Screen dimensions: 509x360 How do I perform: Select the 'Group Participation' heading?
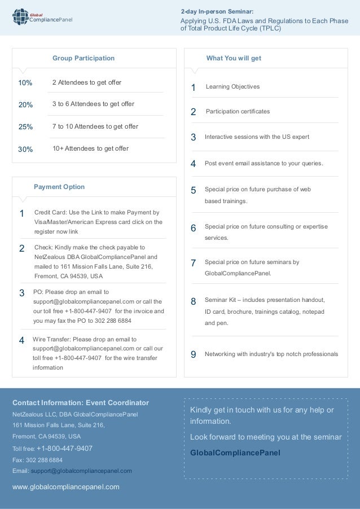pyautogui.click(x=83, y=58)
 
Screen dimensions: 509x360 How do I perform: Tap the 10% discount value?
pyautogui.click(x=25, y=83)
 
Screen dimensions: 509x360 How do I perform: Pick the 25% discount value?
pyautogui.click(x=26, y=126)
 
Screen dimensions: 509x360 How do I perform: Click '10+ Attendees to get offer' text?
pyautogui.click(x=90, y=148)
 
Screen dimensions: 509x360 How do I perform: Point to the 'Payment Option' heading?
pyautogui.click(x=59, y=187)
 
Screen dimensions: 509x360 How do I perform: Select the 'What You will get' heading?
pyautogui.click(x=234, y=58)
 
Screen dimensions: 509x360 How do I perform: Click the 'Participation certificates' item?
pyautogui.click(x=238, y=112)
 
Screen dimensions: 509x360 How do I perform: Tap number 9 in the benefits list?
pyautogui.click(x=193, y=355)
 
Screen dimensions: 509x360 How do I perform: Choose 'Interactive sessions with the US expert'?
pyautogui.click(x=257, y=137)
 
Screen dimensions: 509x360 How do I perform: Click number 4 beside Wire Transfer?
pyautogui.click(x=21, y=340)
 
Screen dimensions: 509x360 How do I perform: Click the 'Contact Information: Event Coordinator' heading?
pyautogui.click(x=81, y=403)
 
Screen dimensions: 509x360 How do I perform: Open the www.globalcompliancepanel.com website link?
pyautogui.click(x=66, y=486)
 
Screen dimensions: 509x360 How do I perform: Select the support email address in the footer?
pyautogui.click(x=81, y=471)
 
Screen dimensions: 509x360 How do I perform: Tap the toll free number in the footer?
pyautogui.click(x=64, y=449)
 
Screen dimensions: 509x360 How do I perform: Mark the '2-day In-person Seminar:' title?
pyautogui.click(x=217, y=11)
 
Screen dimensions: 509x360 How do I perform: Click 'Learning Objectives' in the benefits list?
pyautogui.click(x=232, y=87)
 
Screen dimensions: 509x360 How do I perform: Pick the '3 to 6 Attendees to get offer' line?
pyautogui.click(x=93, y=104)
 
